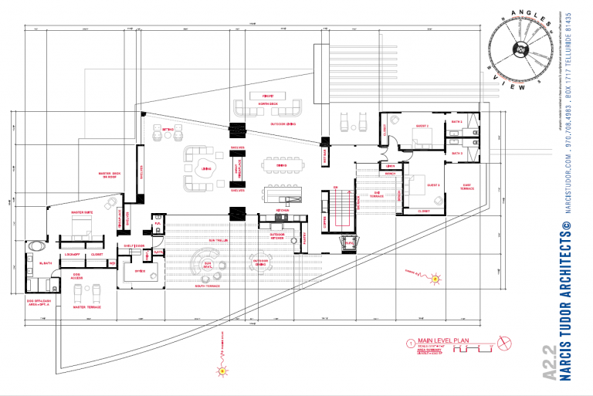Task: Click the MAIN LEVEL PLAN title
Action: pos(444,340)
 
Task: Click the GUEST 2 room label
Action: pos(422,126)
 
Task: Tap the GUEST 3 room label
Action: pos(433,185)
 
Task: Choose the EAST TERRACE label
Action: pos(466,185)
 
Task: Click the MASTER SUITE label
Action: pos(83,212)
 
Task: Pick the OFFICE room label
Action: pos(140,272)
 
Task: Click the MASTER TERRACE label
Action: pos(83,307)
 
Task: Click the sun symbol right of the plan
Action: pos(435,278)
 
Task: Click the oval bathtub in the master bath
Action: pos(36,247)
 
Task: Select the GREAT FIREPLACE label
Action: pos(237,169)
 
